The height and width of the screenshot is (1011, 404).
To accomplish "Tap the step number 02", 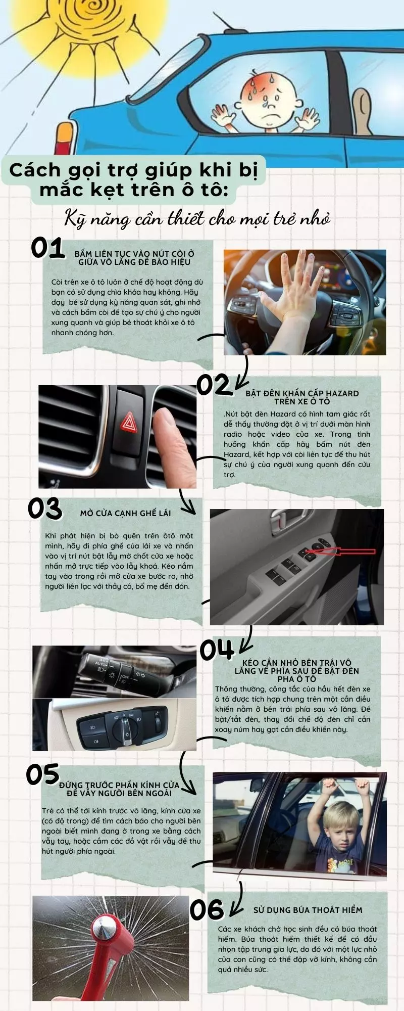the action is click(214, 385).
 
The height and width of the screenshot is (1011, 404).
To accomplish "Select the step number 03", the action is click(45, 509).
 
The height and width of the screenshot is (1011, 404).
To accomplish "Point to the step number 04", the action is click(217, 650).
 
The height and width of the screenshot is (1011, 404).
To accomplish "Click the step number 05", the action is click(43, 774).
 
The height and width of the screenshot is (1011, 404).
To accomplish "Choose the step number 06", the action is click(207, 909).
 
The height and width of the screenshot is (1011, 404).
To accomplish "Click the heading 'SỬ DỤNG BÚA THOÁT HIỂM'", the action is click(308, 910).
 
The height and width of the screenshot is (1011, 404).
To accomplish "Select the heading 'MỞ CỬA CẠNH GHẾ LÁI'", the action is click(125, 513).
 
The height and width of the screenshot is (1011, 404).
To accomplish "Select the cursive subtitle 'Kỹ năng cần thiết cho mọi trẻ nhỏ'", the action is click(197, 219).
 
